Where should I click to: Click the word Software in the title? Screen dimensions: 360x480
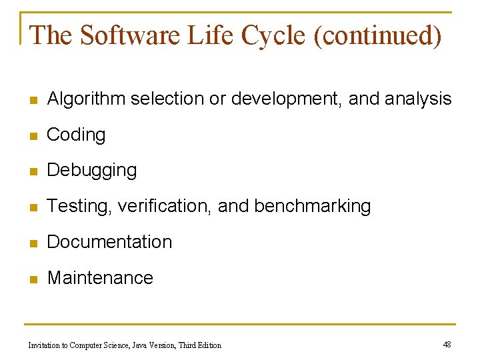point(129,35)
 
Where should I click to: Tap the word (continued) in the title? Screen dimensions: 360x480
point(381,35)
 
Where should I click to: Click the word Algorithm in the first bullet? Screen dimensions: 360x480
point(86,99)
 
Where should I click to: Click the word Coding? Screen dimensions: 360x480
point(76,135)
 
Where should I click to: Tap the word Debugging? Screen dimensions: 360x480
point(92,171)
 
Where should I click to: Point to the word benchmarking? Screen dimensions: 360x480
point(312,207)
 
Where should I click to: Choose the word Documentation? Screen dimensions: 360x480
point(109,242)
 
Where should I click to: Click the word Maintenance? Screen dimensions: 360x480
point(100,278)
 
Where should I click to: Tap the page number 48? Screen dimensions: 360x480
point(447,344)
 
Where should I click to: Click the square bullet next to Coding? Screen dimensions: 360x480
point(33,136)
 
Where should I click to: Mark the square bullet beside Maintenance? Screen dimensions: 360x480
point(33,279)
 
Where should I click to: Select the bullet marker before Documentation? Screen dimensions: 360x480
point(33,243)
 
